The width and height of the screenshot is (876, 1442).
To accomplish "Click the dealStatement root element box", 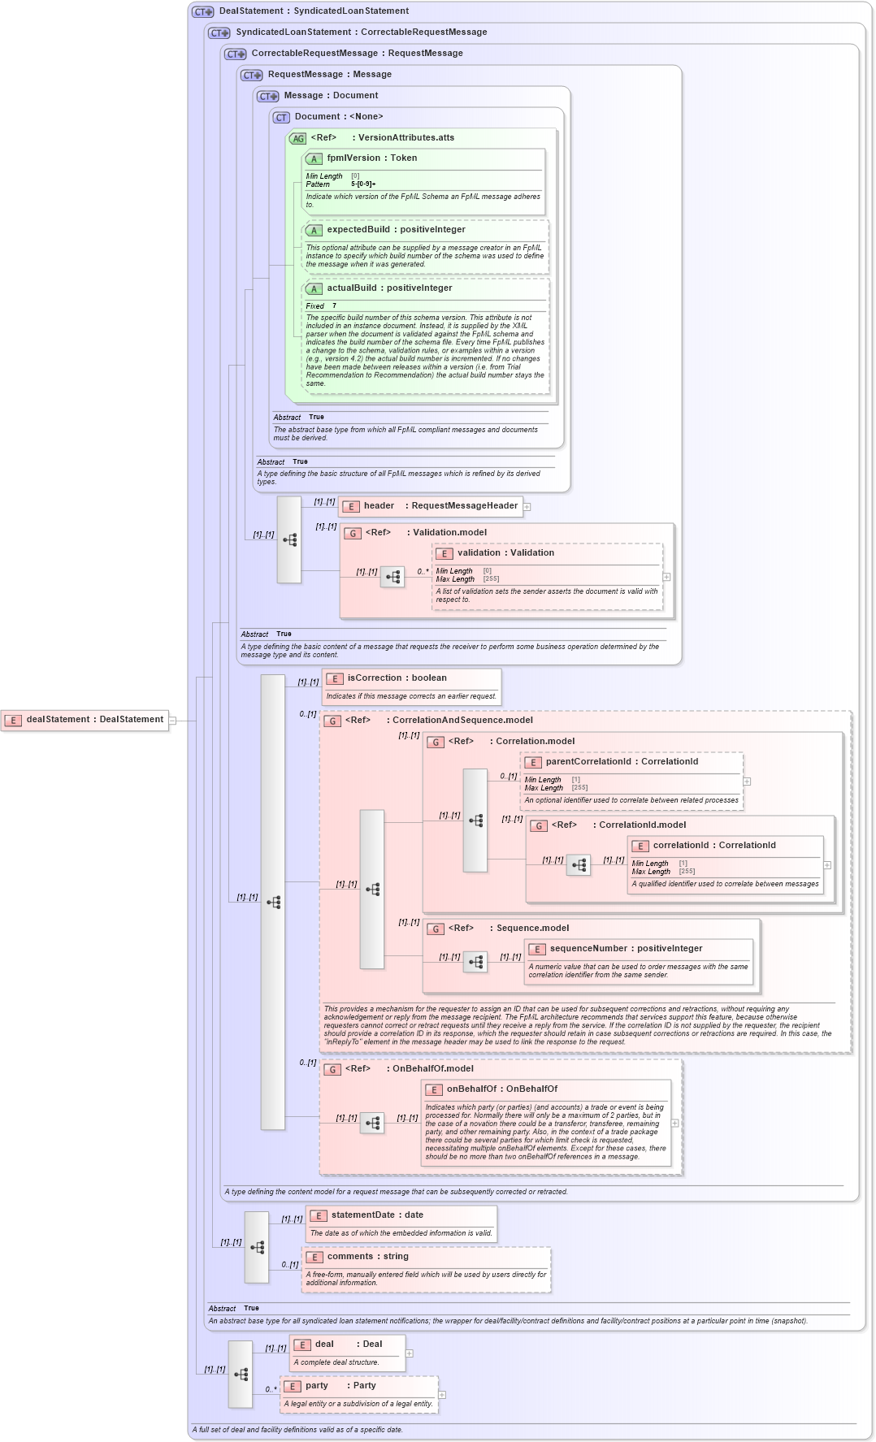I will [x=85, y=720].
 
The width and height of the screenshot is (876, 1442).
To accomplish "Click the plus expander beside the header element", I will [x=527, y=507].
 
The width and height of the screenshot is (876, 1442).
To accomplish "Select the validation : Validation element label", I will [x=505, y=553].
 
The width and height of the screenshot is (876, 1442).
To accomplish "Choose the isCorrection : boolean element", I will [x=397, y=678].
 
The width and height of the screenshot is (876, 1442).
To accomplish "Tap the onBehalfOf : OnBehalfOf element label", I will [x=501, y=1089].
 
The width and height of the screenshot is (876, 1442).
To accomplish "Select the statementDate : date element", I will [x=376, y=1215].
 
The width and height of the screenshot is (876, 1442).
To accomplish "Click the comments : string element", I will [x=367, y=1257].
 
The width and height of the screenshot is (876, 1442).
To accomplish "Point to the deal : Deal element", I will [x=348, y=1345].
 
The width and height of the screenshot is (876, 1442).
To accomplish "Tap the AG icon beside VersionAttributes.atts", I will [x=298, y=139].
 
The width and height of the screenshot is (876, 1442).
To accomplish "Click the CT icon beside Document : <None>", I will [x=281, y=118].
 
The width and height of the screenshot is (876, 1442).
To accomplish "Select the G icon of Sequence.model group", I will [x=436, y=929].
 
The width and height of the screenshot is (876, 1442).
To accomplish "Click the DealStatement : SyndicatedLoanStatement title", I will [x=314, y=11].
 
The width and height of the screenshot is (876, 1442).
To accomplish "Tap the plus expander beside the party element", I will [x=442, y=1395].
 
